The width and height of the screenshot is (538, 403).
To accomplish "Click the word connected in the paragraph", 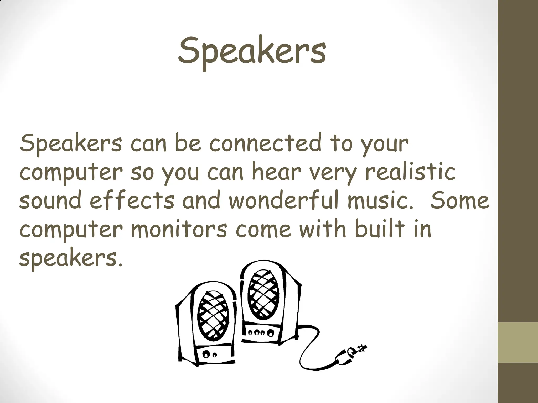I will [x=265, y=144].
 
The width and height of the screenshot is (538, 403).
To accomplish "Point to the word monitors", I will [x=179, y=229].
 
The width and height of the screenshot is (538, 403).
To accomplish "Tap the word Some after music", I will [x=460, y=200].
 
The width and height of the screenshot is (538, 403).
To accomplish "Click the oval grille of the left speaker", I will [x=213, y=315].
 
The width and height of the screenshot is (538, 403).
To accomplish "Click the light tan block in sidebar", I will [x=518, y=342].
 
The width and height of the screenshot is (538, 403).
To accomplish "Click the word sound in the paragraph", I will [x=50, y=200].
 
